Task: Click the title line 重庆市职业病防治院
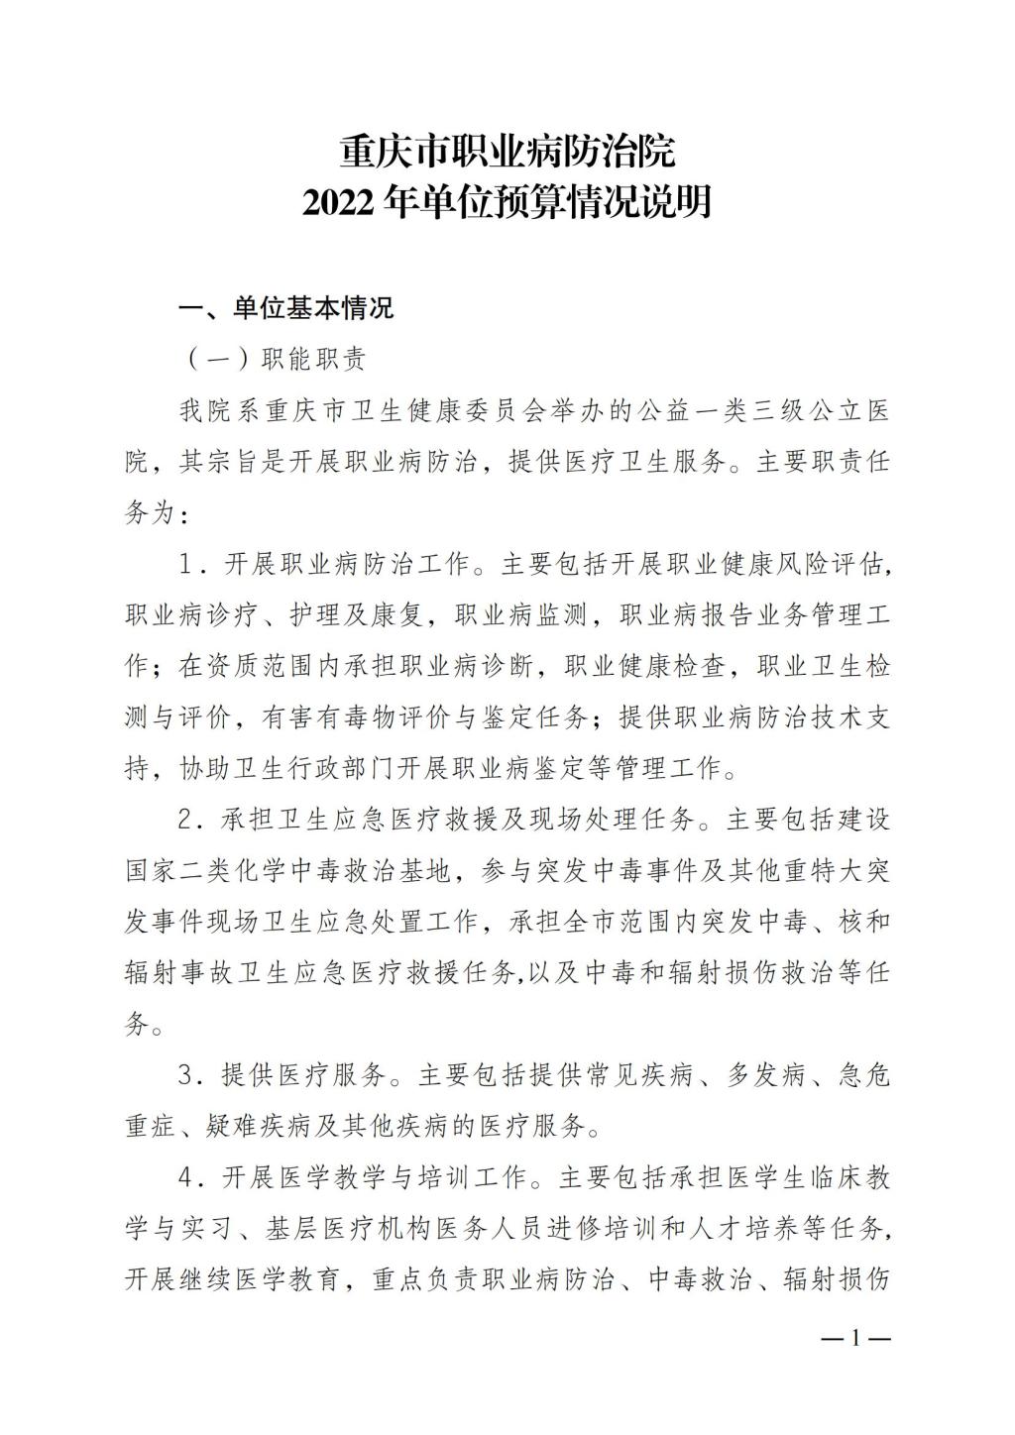click(x=507, y=153)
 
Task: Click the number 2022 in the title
click(x=335, y=203)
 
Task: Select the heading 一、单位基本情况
click(x=285, y=307)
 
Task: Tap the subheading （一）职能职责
click(x=277, y=358)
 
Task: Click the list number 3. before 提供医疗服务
click(x=189, y=1075)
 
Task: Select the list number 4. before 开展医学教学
click(x=189, y=1178)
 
